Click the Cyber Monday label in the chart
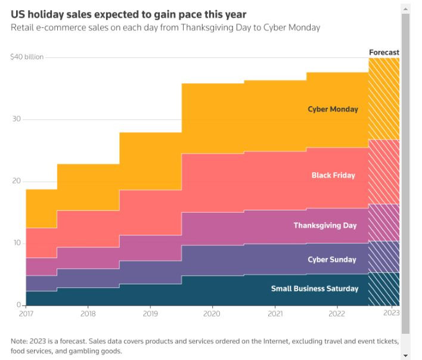[x=333, y=109]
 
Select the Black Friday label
[x=333, y=175]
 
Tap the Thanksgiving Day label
[x=325, y=226]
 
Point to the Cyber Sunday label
[x=331, y=259]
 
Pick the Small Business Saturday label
[x=315, y=288]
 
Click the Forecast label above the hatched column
[x=384, y=52]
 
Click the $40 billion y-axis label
[x=27, y=57]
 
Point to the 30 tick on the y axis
[x=17, y=119]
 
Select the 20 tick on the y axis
[x=17, y=181]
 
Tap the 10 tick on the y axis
[x=17, y=243]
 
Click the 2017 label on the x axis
[x=26, y=313]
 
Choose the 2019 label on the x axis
[x=150, y=313]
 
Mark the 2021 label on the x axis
[x=275, y=313]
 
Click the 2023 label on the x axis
[x=391, y=313]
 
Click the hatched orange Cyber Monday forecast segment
[x=384, y=98]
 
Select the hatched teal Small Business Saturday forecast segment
[x=384, y=288]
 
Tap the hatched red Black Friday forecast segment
[x=384, y=172]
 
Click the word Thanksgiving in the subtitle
[x=203, y=28]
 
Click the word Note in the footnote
[x=19, y=341]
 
